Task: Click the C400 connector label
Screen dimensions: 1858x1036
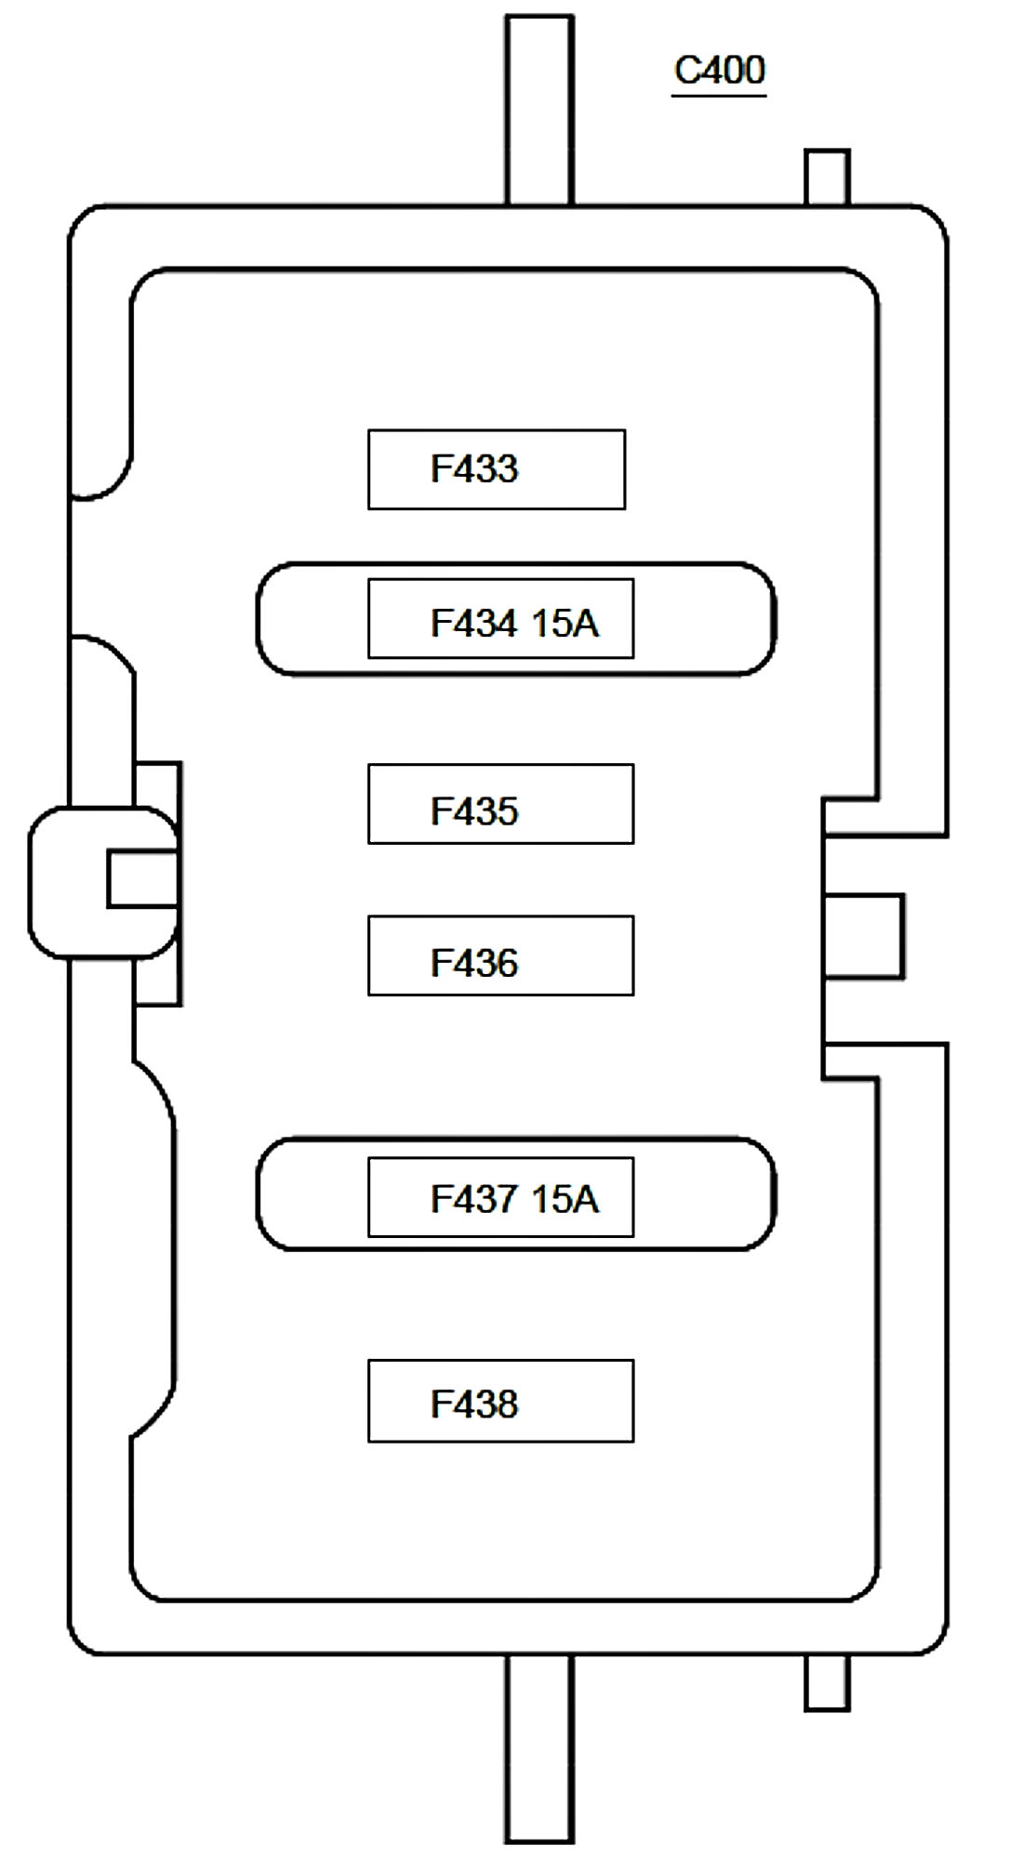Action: (719, 70)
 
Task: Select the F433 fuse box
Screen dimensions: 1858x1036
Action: (496, 469)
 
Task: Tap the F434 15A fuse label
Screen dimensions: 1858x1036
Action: (513, 623)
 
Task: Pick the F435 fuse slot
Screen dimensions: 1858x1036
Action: (500, 805)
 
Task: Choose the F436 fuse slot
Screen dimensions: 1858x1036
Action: (500, 956)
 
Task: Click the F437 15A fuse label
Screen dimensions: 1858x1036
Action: (513, 1199)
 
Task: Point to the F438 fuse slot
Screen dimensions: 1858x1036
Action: (500, 1402)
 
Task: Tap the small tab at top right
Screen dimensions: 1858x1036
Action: (827, 177)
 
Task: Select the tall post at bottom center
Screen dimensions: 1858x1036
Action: (539, 1749)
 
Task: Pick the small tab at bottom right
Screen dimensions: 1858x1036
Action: (827, 1682)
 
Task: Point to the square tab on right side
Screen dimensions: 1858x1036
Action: (864, 936)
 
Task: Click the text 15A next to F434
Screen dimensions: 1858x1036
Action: (564, 623)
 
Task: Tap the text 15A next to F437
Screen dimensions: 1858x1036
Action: (564, 1199)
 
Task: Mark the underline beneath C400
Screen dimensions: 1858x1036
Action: (719, 94)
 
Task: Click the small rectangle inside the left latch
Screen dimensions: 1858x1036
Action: (141, 878)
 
